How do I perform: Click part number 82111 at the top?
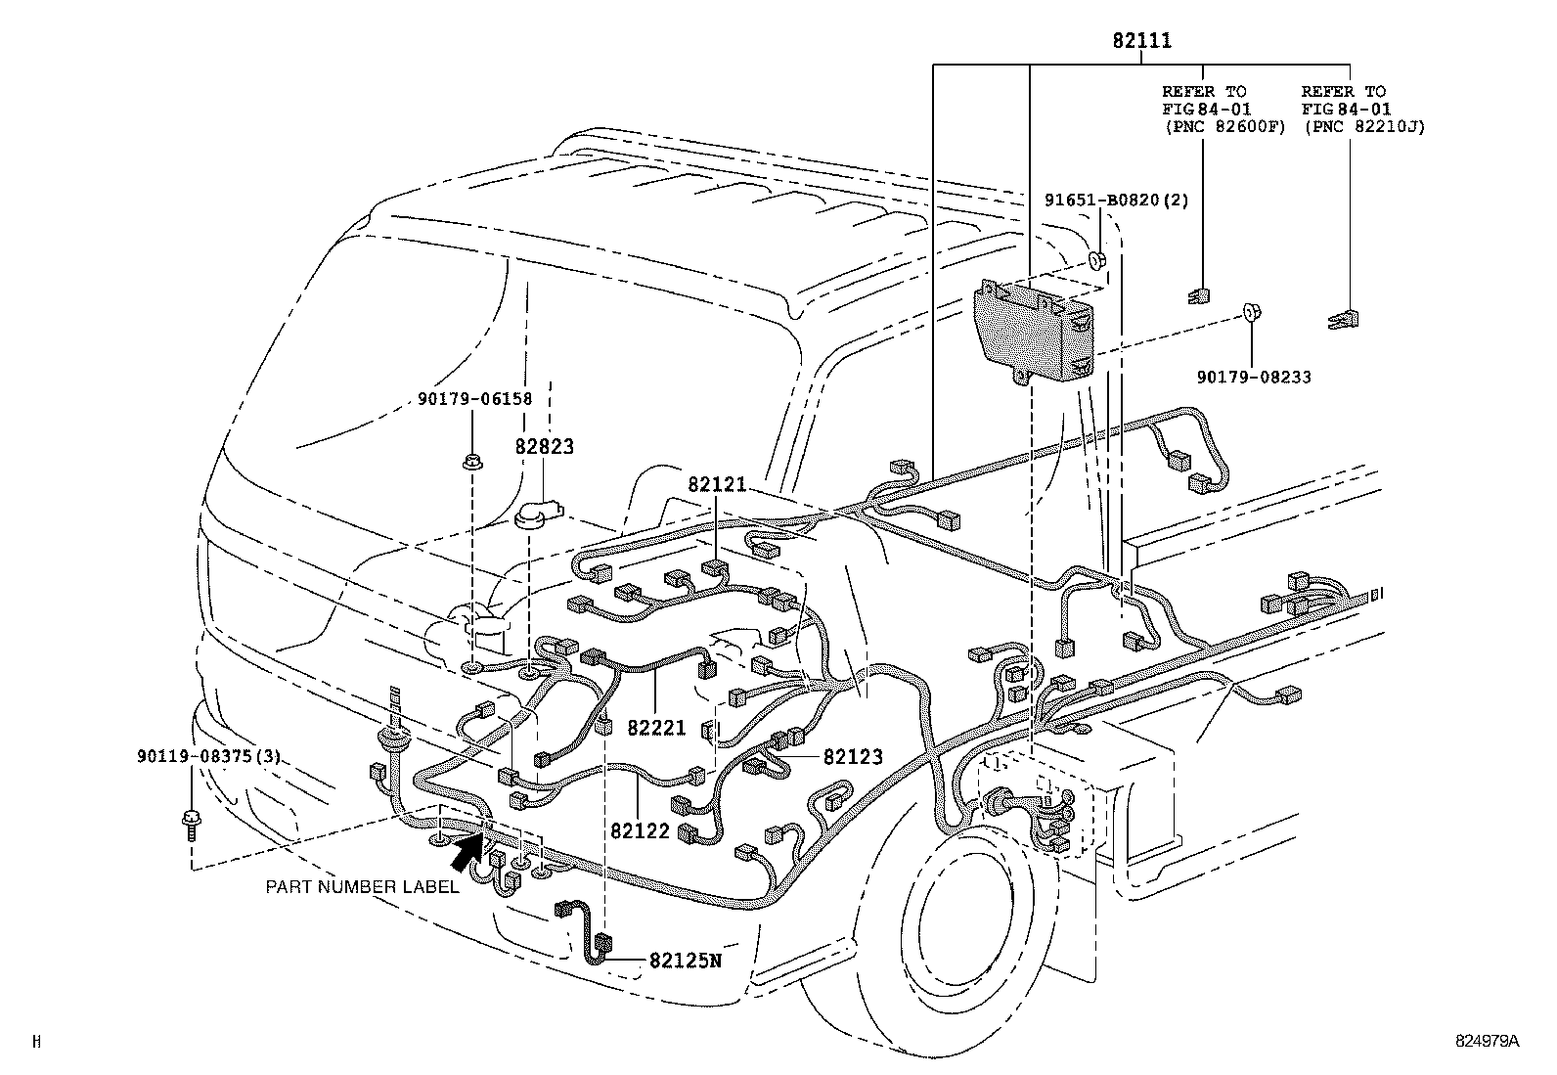[x=1141, y=41]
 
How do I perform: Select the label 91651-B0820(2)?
[x=1116, y=201]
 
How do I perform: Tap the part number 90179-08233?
[x=1253, y=377]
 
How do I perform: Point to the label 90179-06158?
[x=474, y=398]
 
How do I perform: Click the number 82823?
[x=545, y=447]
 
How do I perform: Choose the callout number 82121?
[x=717, y=484]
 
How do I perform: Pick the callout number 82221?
[x=657, y=728]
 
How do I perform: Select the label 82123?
[x=853, y=756]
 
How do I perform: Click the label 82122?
[x=641, y=830]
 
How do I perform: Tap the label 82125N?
[x=685, y=960]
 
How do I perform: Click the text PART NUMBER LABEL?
[x=362, y=887]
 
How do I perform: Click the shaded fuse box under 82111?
[x=1035, y=333]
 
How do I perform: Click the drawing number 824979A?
[x=1486, y=1042]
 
